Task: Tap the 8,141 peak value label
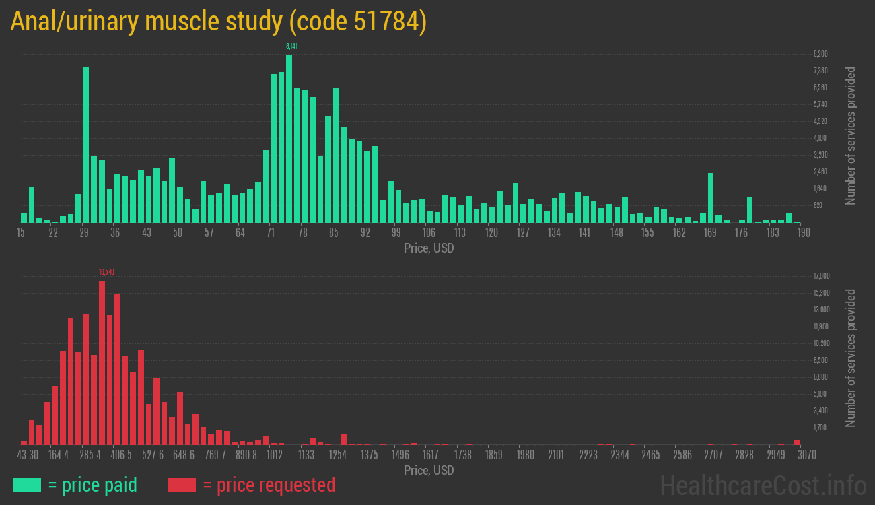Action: coord(291,46)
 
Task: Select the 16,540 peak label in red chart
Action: coord(106,272)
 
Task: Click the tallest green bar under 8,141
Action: coord(289,139)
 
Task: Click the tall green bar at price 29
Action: coord(86,144)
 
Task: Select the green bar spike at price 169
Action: coord(710,198)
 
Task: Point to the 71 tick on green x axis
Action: coord(271,233)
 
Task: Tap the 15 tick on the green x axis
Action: coord(21,233)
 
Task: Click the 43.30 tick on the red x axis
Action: coord(28,455)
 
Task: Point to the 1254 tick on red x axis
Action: coord(337,455)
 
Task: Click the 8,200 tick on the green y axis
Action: coord(820,54)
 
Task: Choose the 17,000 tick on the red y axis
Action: coord(821,276)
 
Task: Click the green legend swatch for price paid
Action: coord(27,485)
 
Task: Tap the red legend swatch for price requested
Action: coord(182,485)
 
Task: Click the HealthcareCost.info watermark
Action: coord(763,485)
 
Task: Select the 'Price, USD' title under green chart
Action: coord(429,248)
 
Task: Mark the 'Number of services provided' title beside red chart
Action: coord(851,358)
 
